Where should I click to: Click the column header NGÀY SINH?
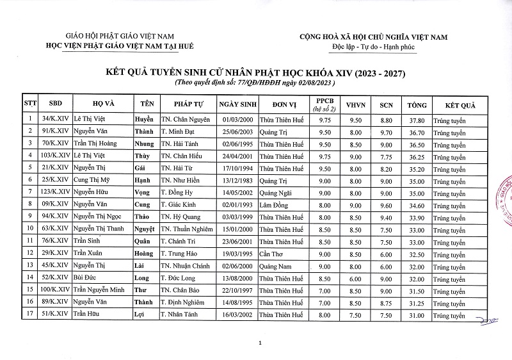pyautogui.click(x=237, y=104)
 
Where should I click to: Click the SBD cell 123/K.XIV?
pyautogui.click(x=54, y=192)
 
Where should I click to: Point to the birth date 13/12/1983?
pyautogui.click(x=238, y=180)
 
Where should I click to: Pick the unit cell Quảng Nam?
pyautogui.click(x=276, y=266)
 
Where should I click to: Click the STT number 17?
pyautogui.click(x=29, y=315)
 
